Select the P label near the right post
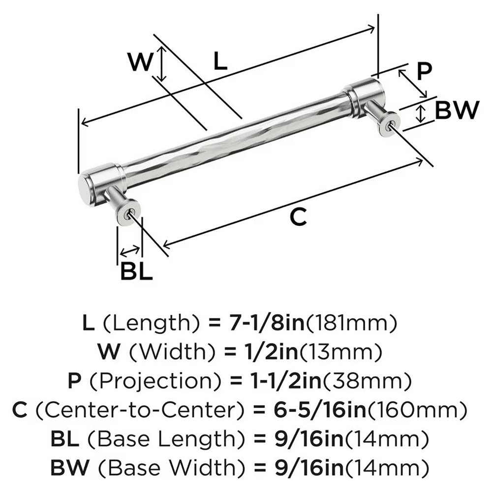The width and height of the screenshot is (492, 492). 424,72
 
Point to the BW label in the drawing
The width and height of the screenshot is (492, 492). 456,110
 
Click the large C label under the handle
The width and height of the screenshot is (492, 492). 298,216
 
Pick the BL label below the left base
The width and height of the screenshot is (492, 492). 136,272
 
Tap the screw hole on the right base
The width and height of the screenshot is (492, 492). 389,124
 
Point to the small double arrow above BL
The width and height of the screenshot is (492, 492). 129,252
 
